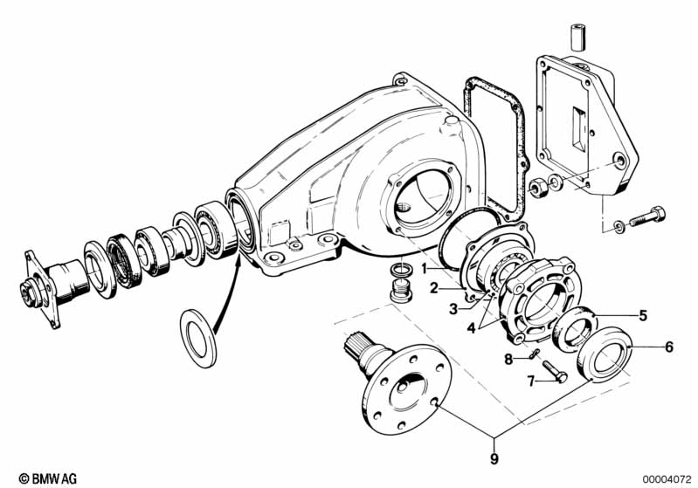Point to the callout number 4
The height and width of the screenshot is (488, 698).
(x=473, y=327)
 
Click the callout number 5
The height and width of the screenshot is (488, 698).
(x=643, y=315)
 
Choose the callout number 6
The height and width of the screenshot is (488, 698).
(x=669, y=347)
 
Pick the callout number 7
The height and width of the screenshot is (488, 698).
(x=530, y=381)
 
